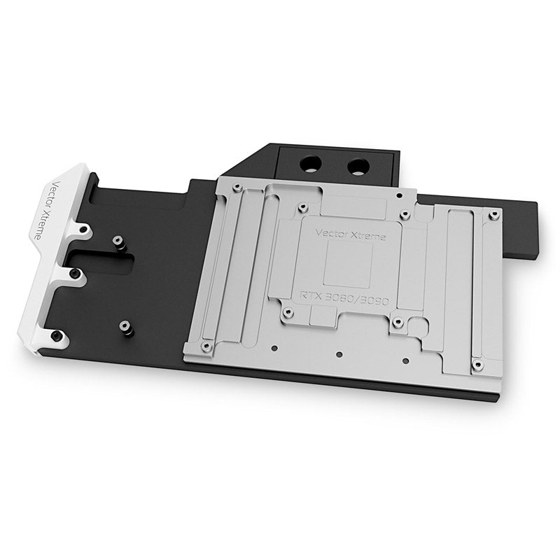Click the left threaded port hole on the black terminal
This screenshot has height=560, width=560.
309,164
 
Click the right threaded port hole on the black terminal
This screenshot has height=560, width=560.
357,167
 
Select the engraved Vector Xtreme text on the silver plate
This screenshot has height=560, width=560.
342,232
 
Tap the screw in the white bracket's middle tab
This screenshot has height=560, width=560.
73,274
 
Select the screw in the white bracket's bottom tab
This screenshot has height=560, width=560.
56,338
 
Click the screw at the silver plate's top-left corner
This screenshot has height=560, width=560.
237,187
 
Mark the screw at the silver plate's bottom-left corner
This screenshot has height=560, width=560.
205,346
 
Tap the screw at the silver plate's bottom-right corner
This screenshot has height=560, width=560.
477,365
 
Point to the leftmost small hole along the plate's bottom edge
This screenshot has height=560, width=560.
275,347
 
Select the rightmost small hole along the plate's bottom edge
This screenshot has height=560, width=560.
404,361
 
